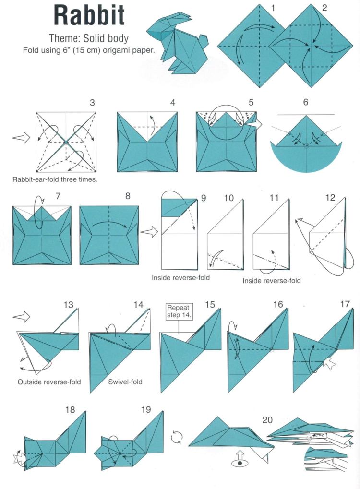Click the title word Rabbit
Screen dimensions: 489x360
click(x=89, y=15)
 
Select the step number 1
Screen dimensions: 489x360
click(x=273, y=8)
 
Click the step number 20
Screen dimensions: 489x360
click(x=268, y=420)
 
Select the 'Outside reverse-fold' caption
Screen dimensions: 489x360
click(x=49, y=382)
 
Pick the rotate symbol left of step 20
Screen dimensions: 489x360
click(x=177, y=436)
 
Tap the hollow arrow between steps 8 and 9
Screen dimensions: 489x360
click(x=149, y=232)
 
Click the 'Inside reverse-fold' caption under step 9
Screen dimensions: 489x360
click(x=181, y=277)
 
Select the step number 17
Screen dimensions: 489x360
click(x=345, y=304)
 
